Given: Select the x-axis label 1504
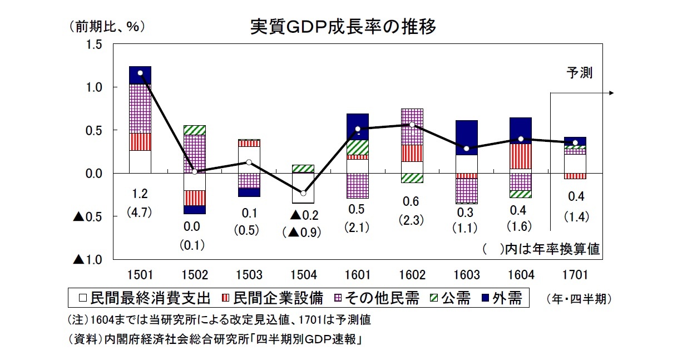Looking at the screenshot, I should pyautogui.click(x=303, y=275).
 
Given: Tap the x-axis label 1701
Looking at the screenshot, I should pyautogui.click(x=575, y=275).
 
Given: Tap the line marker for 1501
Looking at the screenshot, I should pyautogui.click(x=140, y=73).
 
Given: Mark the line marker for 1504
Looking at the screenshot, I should pyautogui.click(x=303, y=193).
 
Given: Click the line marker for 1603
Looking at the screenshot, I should pyautogui.click(x=466, y=149).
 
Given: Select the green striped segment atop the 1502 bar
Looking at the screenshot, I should pyautogui.click(x=195, y=130).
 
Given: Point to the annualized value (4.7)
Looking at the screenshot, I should pyautogui.click(x=140, y=212).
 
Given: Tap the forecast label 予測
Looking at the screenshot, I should pyautogui.click(x=579, y=73).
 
